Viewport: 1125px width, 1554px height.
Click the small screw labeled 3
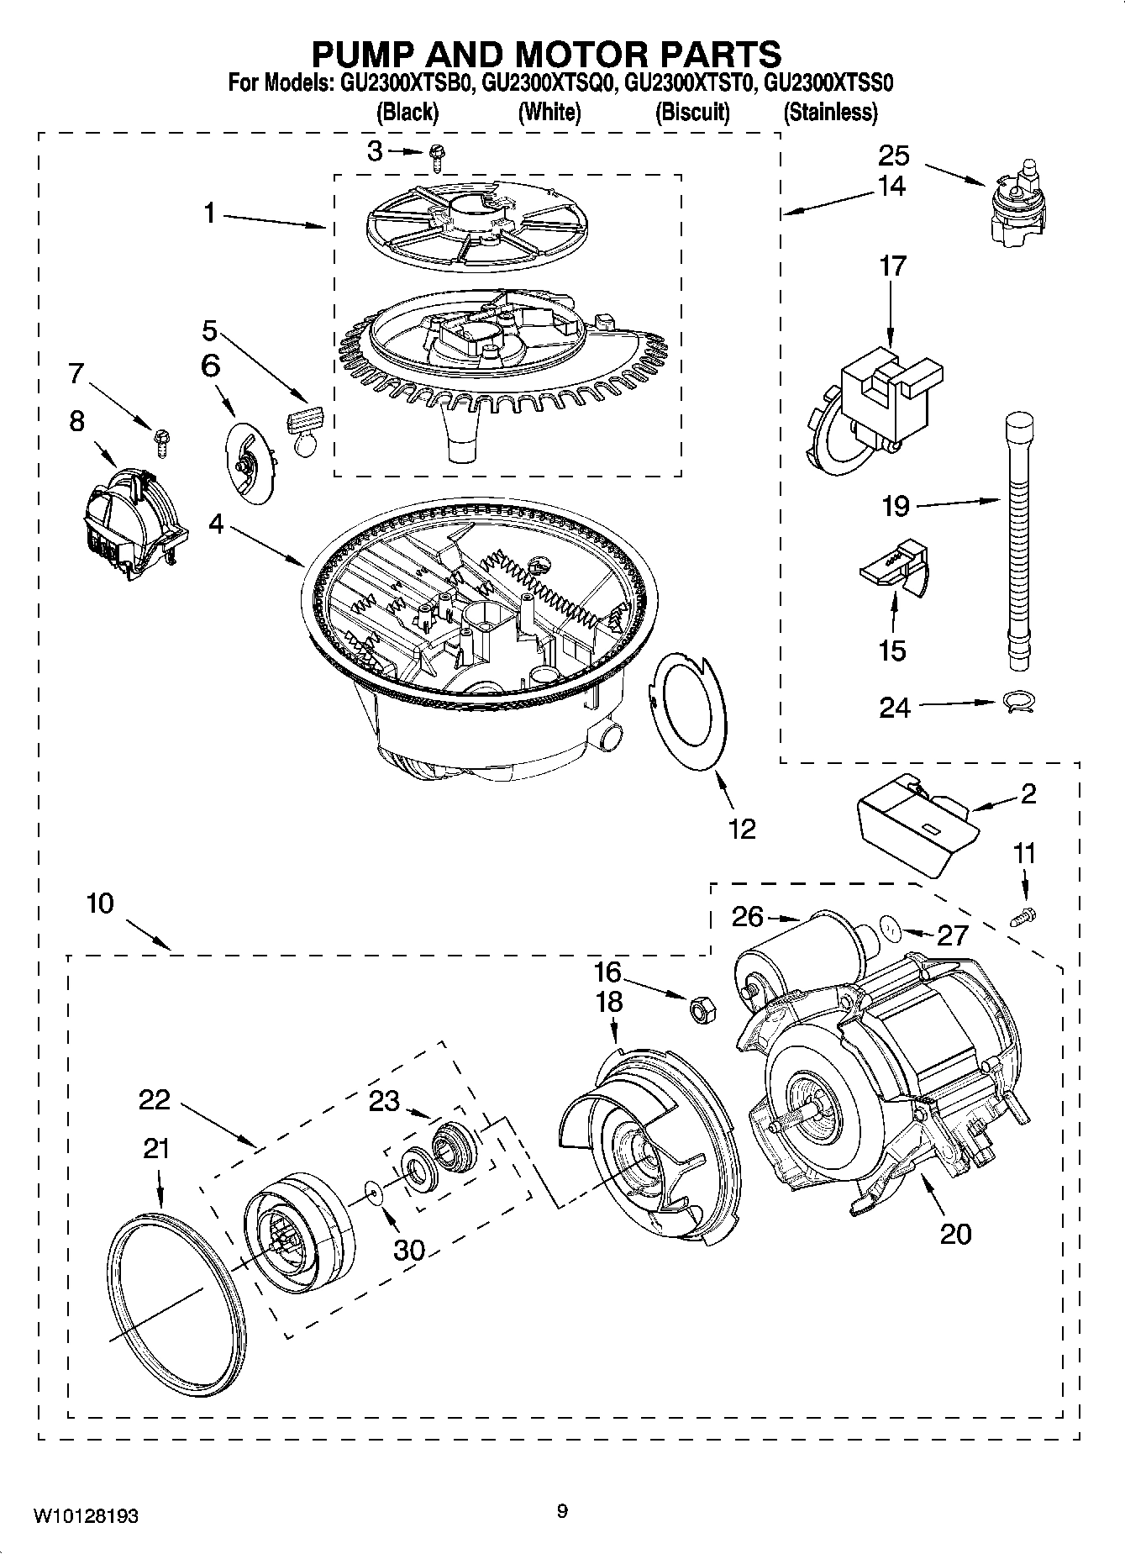coord(436,152)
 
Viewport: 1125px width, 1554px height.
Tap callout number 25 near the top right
coord(894,155)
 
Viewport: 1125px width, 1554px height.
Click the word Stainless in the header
coord(830,113)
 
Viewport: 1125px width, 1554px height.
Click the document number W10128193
coord(87,1515)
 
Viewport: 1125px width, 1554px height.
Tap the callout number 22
coord(155,1099)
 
